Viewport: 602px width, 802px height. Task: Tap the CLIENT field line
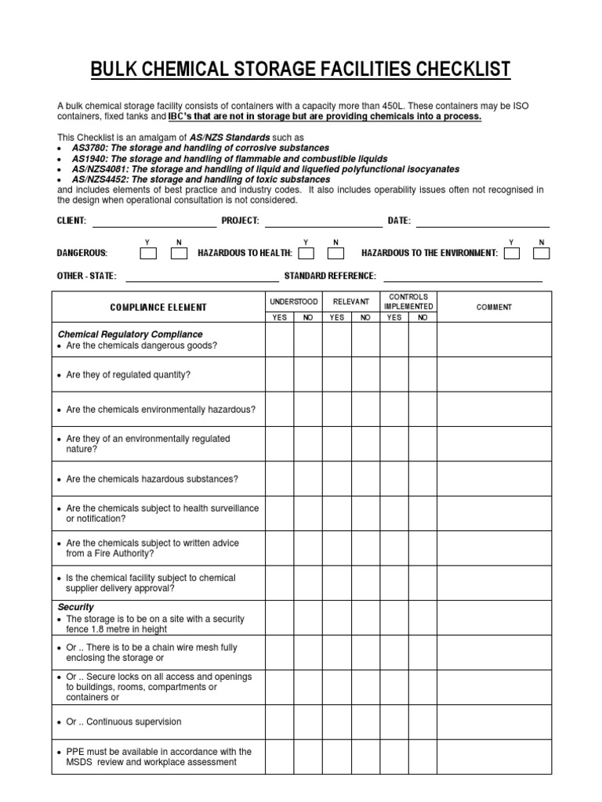(154, 225)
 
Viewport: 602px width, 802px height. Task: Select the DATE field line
(482, 225)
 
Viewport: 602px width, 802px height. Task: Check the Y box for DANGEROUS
(148, 253)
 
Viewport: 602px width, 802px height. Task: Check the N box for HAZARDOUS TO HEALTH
(335, 253)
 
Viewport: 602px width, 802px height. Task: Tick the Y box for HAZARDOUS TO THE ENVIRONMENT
(512, 253)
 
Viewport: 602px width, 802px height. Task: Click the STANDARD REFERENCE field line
(462, 279)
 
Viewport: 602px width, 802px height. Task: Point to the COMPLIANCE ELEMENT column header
(158, 308)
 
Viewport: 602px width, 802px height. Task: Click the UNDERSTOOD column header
(294, 302)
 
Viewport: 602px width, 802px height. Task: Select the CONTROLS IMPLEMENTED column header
(408, 302)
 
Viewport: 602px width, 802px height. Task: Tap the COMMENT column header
(494, 308)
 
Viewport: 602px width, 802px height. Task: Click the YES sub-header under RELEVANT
(337, 318)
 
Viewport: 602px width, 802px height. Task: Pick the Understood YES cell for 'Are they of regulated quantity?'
(280, 374)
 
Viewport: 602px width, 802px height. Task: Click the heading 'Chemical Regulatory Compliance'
(130, 334)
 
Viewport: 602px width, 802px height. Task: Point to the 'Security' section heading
(76, 607)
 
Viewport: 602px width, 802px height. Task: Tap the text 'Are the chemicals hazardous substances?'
(152, 479)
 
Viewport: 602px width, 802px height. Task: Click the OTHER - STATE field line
(201, 279)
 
